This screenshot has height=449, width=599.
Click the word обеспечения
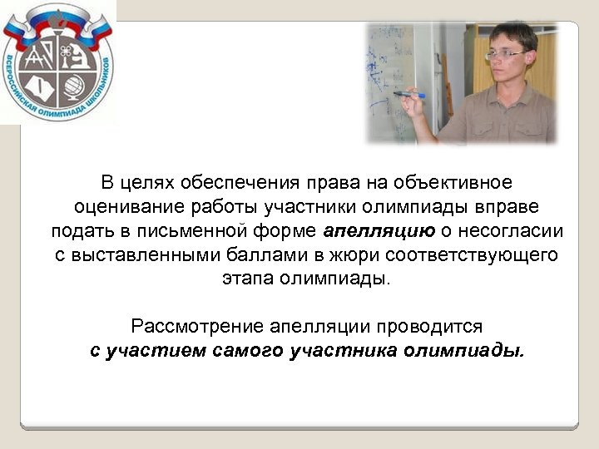(217, 182)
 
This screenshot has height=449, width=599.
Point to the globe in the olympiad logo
(73, 86)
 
